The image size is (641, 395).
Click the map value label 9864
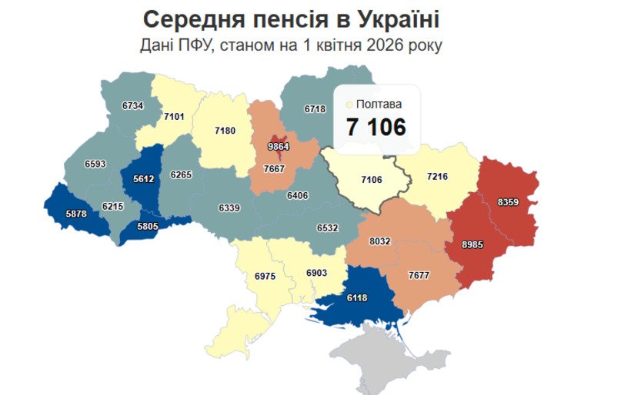click(278, 147)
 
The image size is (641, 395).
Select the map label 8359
click(509, 201)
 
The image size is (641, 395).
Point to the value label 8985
click(473, 244)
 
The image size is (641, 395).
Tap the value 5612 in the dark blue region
click(143, 178)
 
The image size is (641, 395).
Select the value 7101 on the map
click(174, 117)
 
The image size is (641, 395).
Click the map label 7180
click(225, 131)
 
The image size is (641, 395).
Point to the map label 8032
click(380, 241)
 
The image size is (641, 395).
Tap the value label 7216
click(437, 177)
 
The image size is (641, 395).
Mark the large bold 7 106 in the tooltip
click(376, 128)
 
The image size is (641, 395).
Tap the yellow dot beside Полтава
click(350, 104)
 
